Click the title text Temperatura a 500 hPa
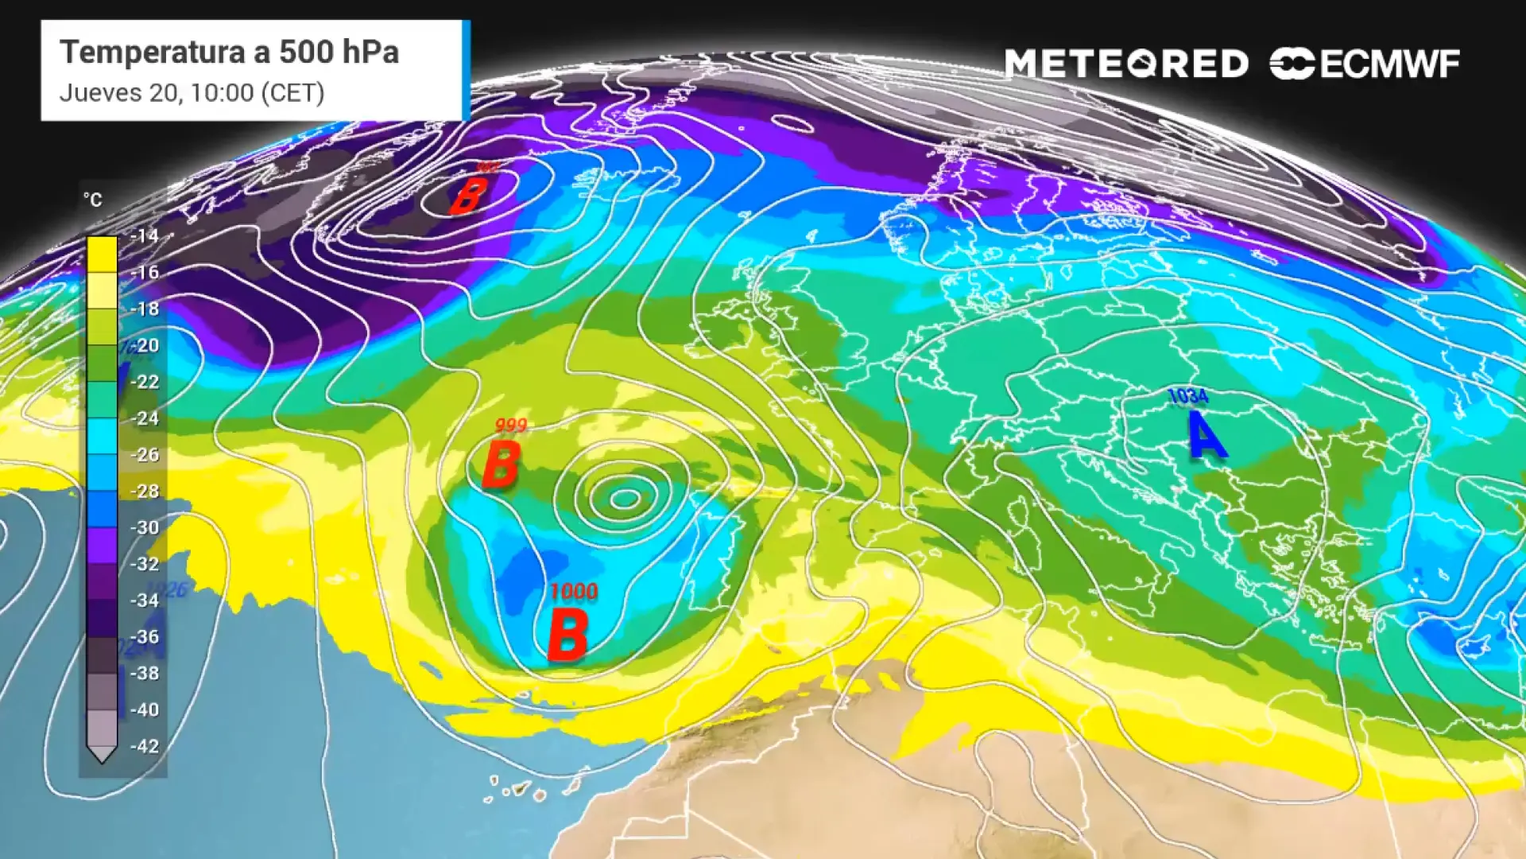pyautogui.click(x=229, y=52)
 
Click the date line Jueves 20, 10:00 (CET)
pyautogui.click(x=192, y=93)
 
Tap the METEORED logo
pyautogui.click(x=1126, y=64)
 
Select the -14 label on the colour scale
pyautogui.click(x=144, y=235)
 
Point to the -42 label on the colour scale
pyautogui.click(x=144, y=746)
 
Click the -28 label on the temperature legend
pyautogui.click(x=144, y=491)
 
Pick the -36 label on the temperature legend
pyautogui.click(x=144, y=636)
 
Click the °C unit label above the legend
pyautogui.click(x=93, y=200)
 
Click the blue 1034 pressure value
pyautogui.click(x=1188, y=396)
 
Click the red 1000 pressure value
pyautogui.click(x=574, y=592)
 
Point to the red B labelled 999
pyautogui.click(x=501, y=464)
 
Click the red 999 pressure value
pyautogui.click(x=510, y=426)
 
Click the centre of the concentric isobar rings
pyautogui.click(x=625, y=499)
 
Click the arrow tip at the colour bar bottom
pyautogui.click(x=102, y=756)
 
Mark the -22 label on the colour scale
pyautogui.click(x=144, y=382)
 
